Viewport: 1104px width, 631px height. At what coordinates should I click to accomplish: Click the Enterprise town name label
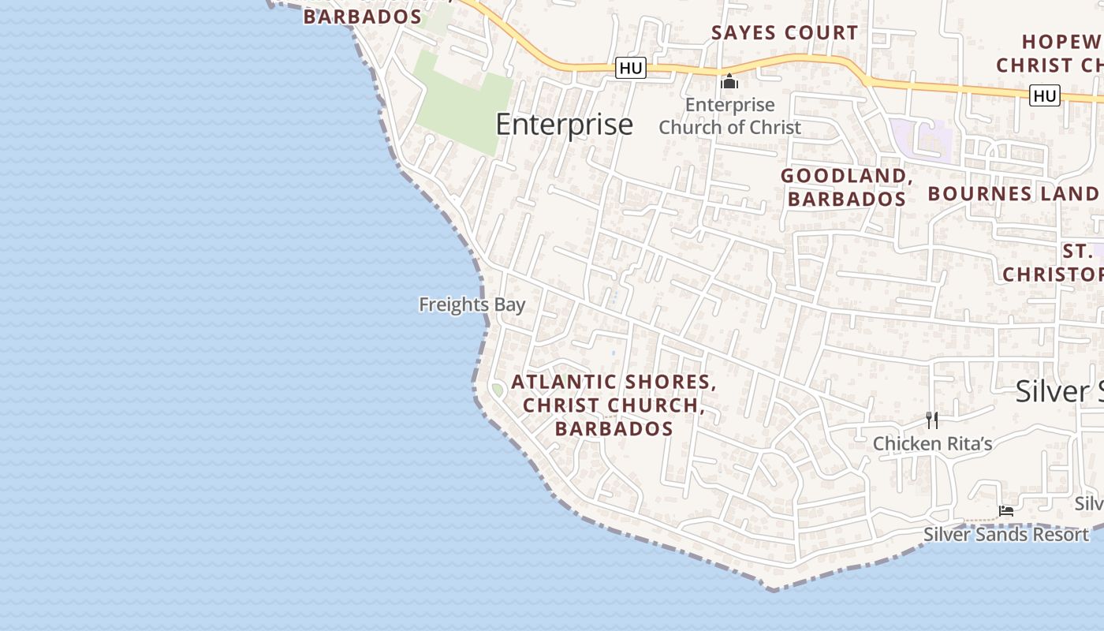click(564, 125)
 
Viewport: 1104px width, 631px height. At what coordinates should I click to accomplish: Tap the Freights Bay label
click(472, 304)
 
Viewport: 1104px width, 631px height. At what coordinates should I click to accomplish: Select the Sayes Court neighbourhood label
click(784, 33)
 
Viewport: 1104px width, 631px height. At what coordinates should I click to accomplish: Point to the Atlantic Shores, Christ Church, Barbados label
click(614, 405)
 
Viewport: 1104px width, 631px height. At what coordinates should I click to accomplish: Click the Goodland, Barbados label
click(846, 187)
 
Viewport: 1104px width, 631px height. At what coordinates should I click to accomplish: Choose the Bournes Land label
click(1013, 193)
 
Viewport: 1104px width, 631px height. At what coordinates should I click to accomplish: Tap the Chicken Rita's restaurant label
click(931, 443)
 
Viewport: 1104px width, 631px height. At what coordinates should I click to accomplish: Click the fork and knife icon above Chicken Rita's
click(932, 420)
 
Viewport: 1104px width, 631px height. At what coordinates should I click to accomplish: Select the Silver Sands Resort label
click(1005, 534)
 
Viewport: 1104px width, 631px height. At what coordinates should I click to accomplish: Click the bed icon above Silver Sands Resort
click(1005, 511)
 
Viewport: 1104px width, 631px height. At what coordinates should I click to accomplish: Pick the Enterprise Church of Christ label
click(729, 116)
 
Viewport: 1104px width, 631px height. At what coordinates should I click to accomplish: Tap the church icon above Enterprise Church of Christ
click(729, 81)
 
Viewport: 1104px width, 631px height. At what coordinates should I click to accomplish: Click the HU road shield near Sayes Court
click(631, 69)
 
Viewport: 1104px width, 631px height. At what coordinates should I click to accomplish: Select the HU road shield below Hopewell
click(1044, 96)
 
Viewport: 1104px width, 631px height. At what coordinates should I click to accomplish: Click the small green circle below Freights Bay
click(497, 390)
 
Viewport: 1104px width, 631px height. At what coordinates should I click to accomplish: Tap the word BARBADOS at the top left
click(362, 17)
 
